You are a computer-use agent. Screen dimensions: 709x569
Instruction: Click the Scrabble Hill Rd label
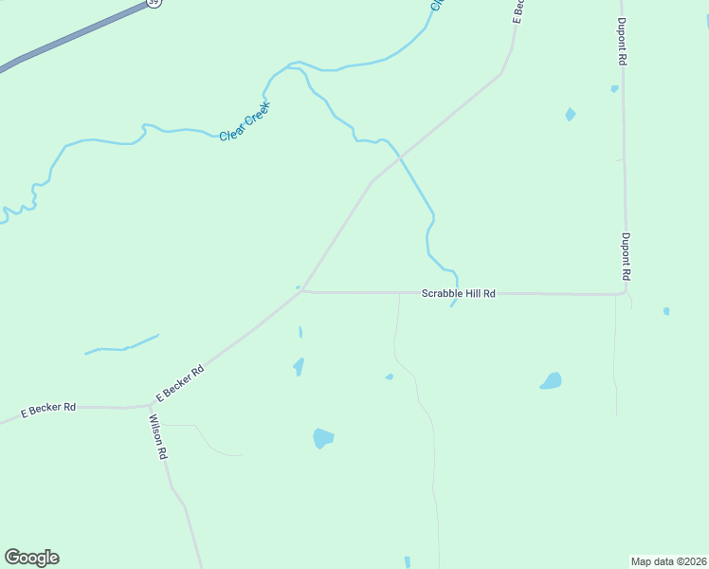[458, 294]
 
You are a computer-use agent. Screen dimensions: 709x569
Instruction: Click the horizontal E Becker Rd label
[48, 408]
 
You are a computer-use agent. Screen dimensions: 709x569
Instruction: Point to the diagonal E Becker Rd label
[180, 383]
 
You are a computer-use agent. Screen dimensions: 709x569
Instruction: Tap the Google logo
[31, 558]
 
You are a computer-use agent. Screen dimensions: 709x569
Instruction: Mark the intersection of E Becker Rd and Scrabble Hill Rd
[302, 291]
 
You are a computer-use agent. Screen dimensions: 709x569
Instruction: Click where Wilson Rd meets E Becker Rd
[150, 405]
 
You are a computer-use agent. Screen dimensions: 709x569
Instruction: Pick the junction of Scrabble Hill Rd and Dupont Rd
[625, 293]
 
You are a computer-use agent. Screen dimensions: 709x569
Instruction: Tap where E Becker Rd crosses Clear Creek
[401, 156]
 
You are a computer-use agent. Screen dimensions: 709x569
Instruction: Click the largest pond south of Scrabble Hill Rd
[323, 438]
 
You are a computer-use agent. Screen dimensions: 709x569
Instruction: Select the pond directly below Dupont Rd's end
[551, 381]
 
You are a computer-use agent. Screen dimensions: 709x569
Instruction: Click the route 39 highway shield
[155, 3]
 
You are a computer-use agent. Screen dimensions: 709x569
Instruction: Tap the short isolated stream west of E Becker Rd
[121, 345]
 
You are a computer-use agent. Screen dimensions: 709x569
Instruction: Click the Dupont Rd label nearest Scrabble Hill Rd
[626, 256]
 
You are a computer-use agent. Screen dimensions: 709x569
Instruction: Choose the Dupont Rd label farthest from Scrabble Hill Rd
[622, 42]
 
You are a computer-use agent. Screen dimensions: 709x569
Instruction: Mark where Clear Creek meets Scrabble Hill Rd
[457, 293]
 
